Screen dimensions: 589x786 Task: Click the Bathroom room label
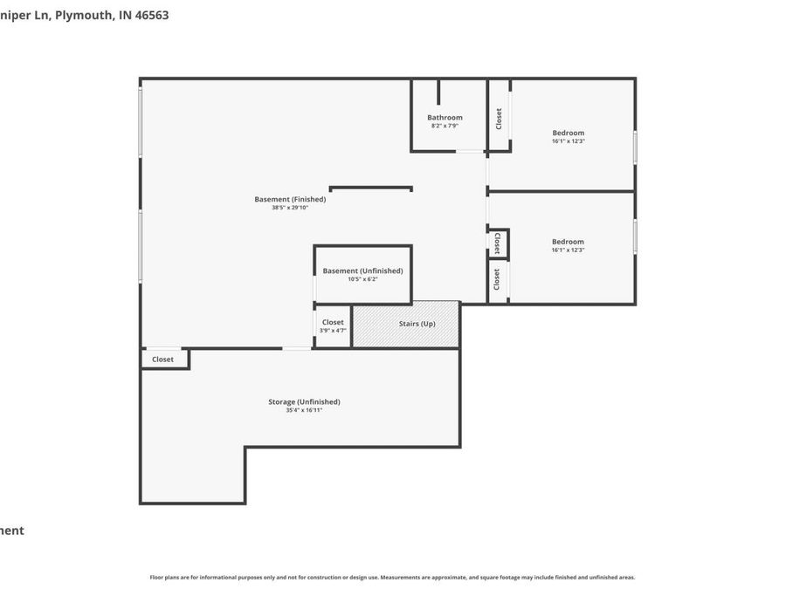pos(445,117)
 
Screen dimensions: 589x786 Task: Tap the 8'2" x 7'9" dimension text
pos(445,126)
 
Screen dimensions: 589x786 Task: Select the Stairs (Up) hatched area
pos(406,324)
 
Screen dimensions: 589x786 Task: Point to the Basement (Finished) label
pos(290,199)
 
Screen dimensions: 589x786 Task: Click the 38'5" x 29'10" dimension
pos(290,208)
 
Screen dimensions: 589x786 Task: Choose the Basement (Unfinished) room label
pos(362,271)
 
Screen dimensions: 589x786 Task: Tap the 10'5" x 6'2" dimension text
pos(362,279)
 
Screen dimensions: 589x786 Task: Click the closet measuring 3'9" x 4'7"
pos(333,325)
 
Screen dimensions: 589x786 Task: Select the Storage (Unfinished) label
pos(304,401)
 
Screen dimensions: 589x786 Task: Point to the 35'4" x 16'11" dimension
pos(304,410)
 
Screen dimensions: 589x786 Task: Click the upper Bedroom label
pos(568,133)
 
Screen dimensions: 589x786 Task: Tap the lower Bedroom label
pos(568,242)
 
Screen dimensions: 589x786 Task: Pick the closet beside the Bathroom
pos(499,118)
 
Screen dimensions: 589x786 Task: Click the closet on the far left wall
pos(163,359)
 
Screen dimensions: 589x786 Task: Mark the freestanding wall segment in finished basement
pos(370,188)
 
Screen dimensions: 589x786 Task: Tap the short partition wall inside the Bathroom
pos(438,92)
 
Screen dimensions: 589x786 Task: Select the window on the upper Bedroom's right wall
pos(635,147)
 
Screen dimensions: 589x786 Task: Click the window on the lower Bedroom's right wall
pos(635,236)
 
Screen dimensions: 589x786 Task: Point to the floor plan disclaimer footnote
pos(392,577)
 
